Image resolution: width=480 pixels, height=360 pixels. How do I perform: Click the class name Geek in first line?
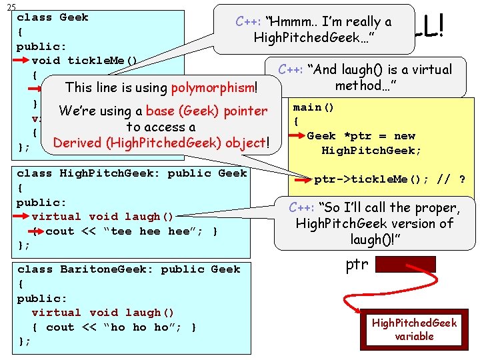(73, 17)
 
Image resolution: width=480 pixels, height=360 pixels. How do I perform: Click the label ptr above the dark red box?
(357, 264)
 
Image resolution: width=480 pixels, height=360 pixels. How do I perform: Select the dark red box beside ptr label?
(405, 264)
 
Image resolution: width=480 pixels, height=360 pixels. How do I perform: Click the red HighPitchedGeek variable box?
(414, 329)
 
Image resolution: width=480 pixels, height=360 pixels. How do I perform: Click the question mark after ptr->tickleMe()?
(461, 179)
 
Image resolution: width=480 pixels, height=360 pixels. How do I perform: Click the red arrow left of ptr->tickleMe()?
(303, 179)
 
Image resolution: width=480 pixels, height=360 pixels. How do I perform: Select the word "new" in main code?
(405, 136)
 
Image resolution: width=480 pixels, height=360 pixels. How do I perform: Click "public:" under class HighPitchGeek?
(41, 202)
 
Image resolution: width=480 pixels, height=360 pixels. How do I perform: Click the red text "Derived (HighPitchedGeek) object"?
(159, 143)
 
